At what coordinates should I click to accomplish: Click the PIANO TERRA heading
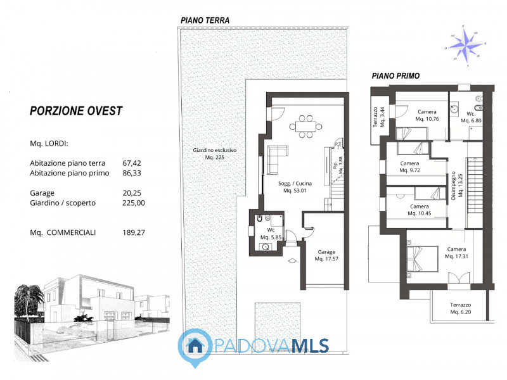[205, 20]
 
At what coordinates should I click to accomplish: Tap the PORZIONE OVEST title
[76, 111]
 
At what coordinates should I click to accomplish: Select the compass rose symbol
[467, 45]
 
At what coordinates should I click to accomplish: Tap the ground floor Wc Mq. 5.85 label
[270, 234]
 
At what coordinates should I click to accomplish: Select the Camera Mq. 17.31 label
[456, 253]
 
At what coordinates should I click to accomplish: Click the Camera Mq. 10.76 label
[427, 115]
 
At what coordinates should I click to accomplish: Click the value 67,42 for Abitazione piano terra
[133, 163]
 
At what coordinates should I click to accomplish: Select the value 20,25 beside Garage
[133, 193]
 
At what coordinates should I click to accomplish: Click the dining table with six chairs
[305, 125]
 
